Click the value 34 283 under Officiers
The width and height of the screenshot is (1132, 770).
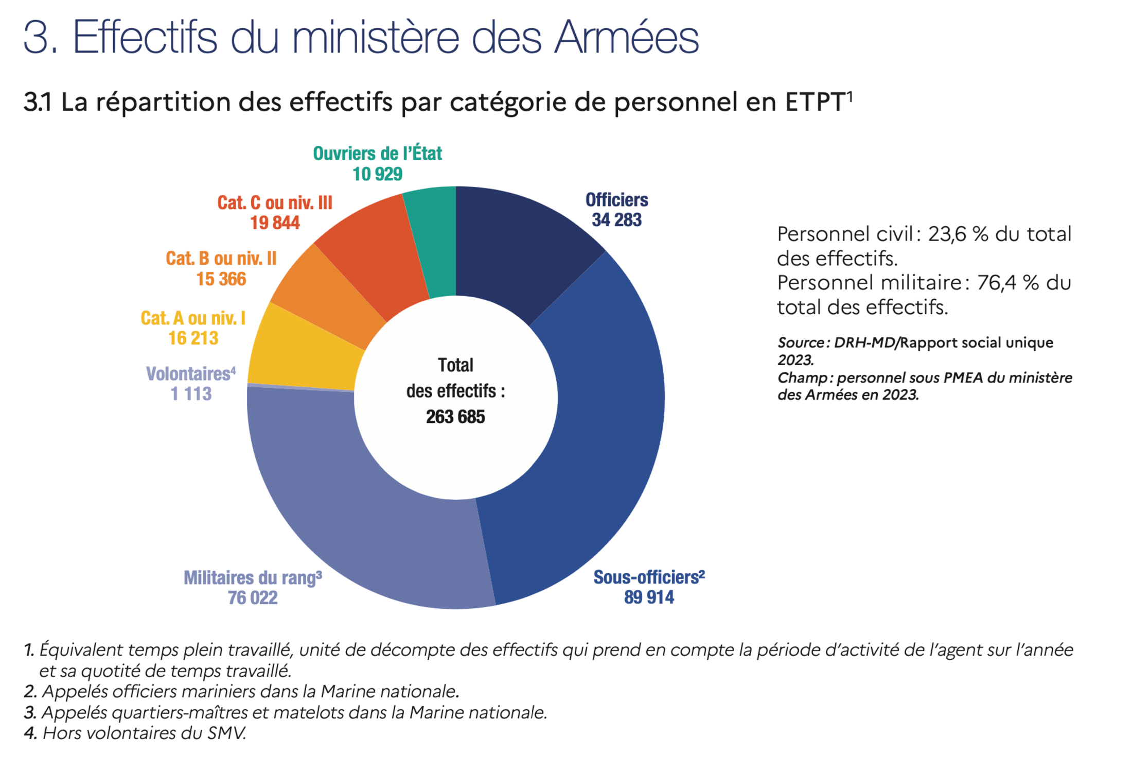(616, 220)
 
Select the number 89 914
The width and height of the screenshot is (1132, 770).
(649, 597)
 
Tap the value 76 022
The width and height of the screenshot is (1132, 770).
(253, 598)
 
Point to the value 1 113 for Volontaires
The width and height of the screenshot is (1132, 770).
(191, 394)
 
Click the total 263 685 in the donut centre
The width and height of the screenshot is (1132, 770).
(455, 417)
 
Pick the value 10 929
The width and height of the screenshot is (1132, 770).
(377, 174)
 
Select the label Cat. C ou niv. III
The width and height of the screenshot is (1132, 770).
(275, 203)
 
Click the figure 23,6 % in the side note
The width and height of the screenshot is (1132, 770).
(958, 234)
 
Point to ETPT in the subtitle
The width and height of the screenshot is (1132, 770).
(815, 102)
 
